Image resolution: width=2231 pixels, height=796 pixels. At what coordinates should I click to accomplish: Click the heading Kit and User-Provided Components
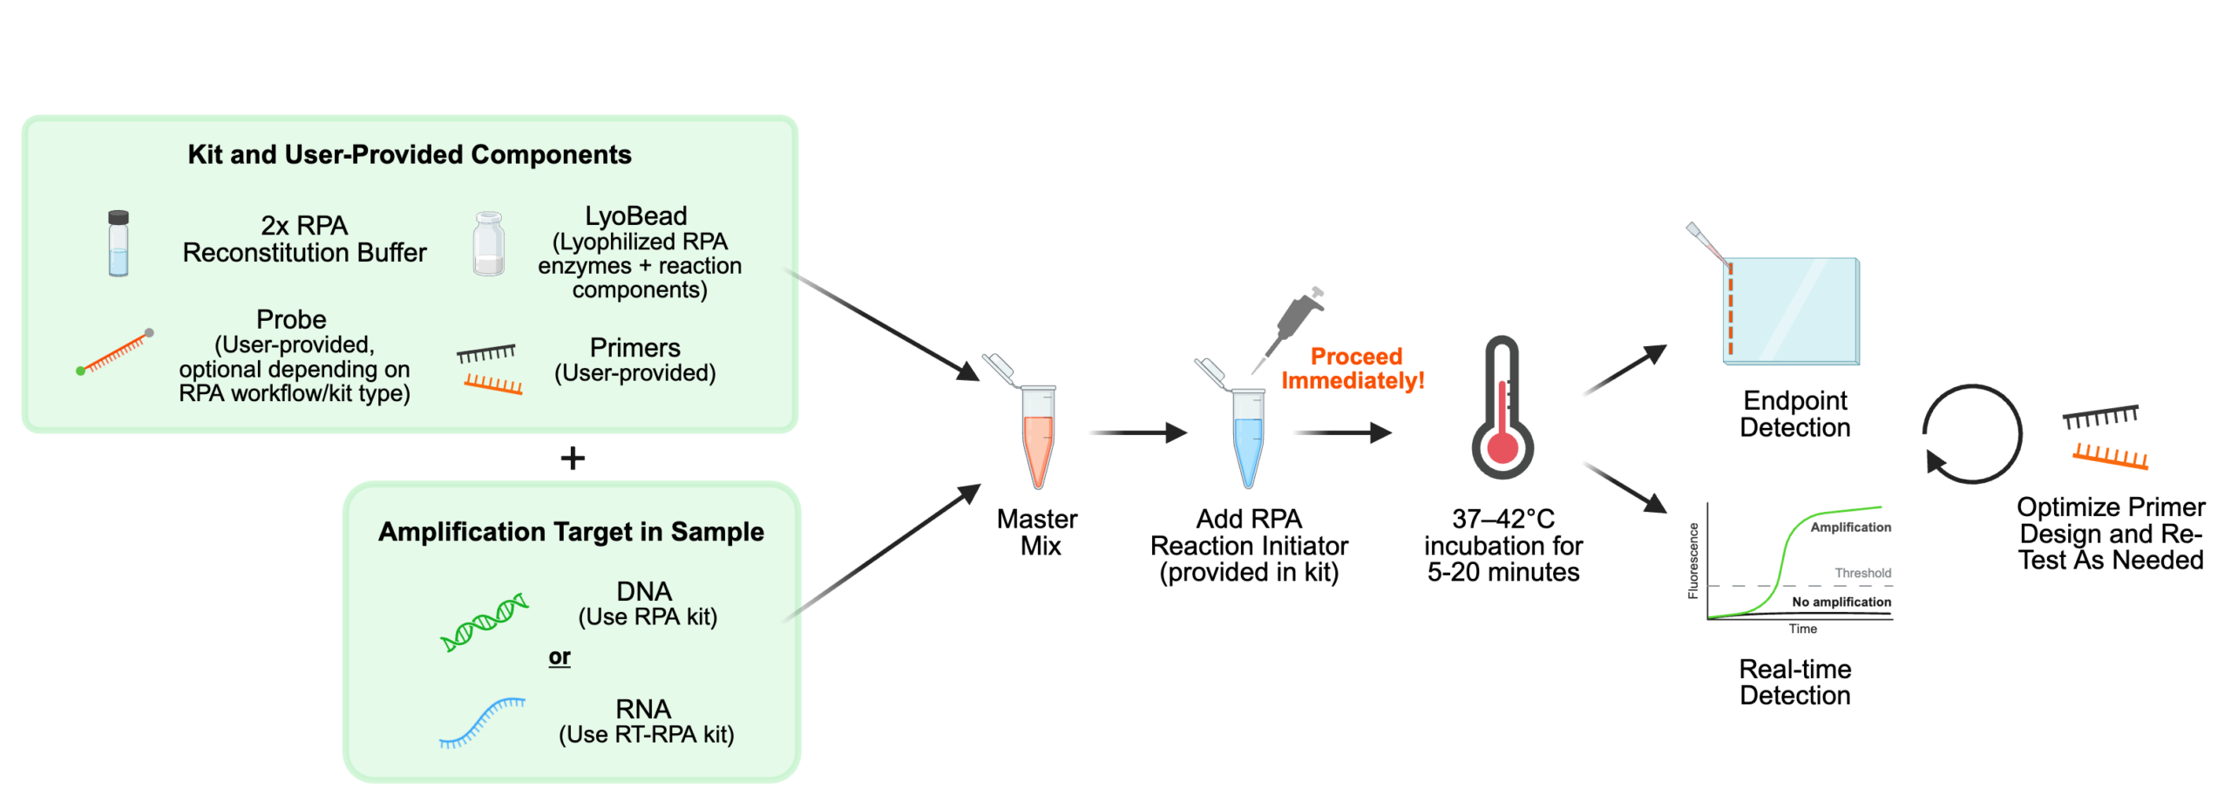click(x=409, y=155)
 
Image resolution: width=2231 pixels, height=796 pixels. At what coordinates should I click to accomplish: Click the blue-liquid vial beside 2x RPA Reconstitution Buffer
click(x=119, y=243)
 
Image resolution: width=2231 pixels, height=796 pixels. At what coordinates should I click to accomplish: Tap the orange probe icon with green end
click(x=115, y=353)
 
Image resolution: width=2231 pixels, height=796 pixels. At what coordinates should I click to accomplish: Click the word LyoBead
click(x=635, y=216)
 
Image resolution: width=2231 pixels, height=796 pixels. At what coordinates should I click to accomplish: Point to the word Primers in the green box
click(x=634, y=348)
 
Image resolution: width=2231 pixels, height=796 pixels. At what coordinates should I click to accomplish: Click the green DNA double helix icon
click(x=485, y=623)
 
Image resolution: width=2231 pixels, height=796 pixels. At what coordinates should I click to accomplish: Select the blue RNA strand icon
click(x=482, y=723)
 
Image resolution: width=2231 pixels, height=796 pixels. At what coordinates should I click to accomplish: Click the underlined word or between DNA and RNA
click(x=559, y=657)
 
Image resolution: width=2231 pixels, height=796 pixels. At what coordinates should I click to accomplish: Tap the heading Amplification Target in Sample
click(x=571, y=532)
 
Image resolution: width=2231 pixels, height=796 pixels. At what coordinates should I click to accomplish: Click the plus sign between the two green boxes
click(x=573, y=458)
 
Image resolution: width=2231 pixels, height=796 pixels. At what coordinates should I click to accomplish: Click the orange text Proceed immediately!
click(x=1354, y=368)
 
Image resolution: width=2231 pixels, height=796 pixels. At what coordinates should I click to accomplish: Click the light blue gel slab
click(x=1792, y=311)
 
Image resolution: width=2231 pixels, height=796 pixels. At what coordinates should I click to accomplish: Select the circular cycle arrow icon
click(x=1971, y=433)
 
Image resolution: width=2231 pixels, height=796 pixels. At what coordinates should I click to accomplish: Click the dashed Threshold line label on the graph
click(x=1862, y=573)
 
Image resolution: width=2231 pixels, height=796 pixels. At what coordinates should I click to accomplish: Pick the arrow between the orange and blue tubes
click(x=1137, y=432)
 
